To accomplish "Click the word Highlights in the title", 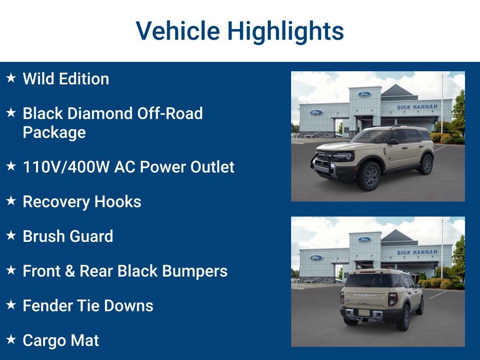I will click(x=285, y=31).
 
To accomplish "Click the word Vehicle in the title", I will click(x=178, y=31).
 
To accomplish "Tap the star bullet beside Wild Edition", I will click(x=11, y=78).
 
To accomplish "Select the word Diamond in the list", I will click(x=102, y=113).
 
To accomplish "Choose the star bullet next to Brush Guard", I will click(x=11, y=235).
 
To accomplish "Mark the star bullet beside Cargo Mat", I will click(x=11, y=339).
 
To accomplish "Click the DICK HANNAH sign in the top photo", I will click(x=417, y=107).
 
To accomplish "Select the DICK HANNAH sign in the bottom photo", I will click(x=417, y=252).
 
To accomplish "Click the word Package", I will click(x=54, y=132).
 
